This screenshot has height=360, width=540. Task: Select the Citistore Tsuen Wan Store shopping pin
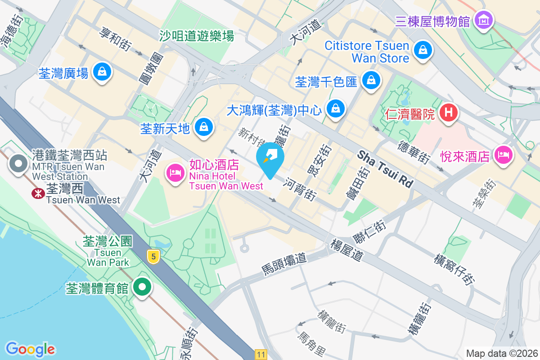coord(423,50)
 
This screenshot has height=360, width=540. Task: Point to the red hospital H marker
coord(448,112)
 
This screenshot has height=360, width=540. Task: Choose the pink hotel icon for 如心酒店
coord(175,173)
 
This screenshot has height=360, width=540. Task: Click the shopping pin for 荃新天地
coord(204,127)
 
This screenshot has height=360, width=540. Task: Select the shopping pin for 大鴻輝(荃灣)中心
coord(335,108)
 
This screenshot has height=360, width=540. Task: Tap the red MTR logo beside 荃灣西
coord(37,193)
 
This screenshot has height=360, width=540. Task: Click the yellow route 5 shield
coord(154,257)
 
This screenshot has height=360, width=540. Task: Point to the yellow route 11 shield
coord(261,354)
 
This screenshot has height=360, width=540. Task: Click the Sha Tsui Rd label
coord(385,169)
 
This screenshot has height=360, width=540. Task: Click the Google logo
coord(30,349)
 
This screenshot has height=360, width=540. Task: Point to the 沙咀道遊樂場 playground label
coord(197,36)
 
